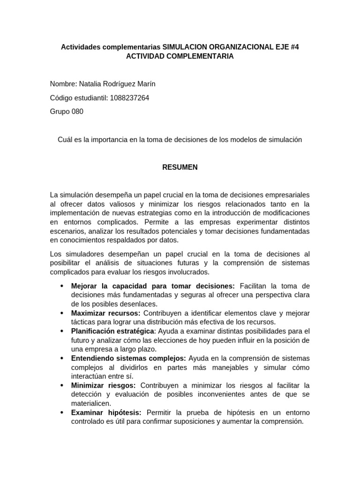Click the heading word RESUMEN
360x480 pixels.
(x=180, y=167)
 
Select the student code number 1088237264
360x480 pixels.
(x=129, y=98)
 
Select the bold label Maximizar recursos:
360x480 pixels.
(x=106, y=313)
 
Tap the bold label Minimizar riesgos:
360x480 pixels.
(x=104, y=385)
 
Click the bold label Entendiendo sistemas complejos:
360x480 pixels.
(x=129, y=358)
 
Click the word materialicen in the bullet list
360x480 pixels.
(x=91, y=403)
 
